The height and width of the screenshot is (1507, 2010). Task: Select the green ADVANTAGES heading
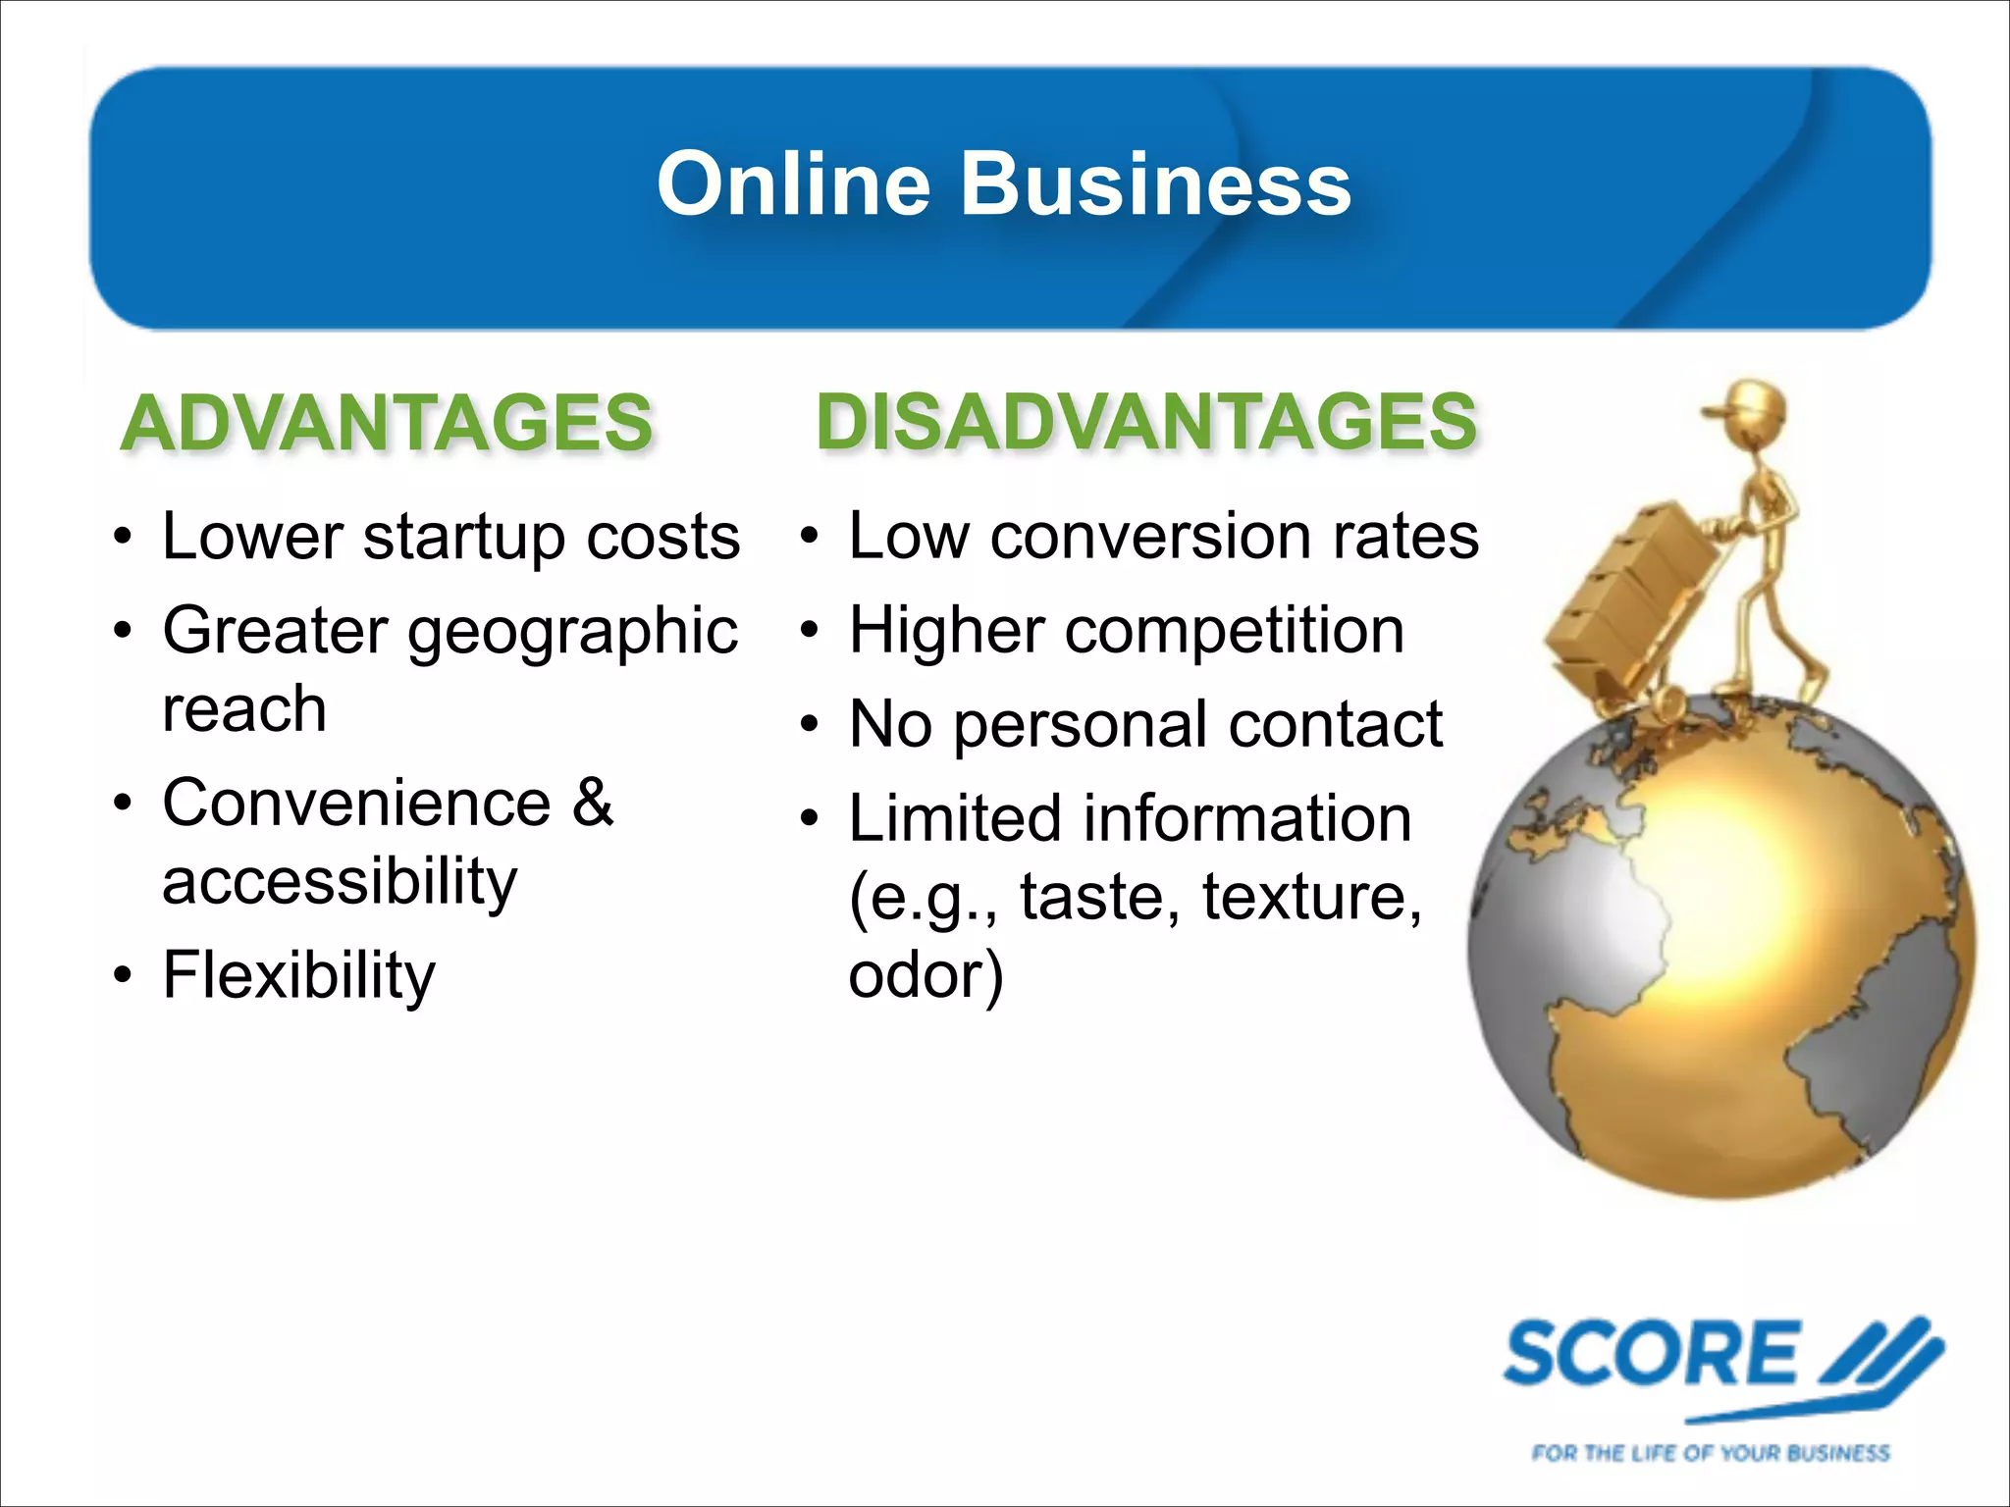[387, 423]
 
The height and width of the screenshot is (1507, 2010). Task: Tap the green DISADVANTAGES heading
[1145, 421]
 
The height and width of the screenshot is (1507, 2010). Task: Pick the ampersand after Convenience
[593, 803]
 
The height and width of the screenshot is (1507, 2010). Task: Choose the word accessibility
[340, 882]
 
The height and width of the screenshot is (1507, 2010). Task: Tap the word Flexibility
[299, 975]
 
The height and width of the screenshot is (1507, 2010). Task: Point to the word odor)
[926, 975]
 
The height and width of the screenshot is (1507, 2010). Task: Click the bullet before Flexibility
[122, 976]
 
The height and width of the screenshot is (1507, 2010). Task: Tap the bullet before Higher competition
[809, 630]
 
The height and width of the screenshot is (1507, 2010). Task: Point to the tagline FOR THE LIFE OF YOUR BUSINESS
[1710, 1452]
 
